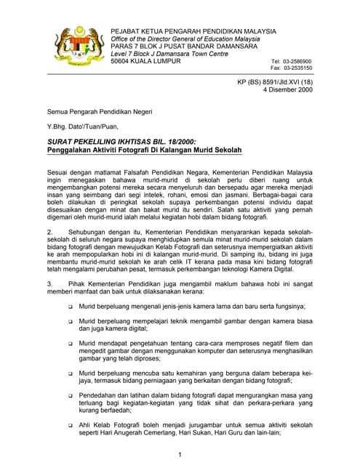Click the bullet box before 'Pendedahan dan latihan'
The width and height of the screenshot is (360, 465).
[x=70, y=396]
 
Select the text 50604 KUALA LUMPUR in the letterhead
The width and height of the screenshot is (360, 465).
[x=148, y=62]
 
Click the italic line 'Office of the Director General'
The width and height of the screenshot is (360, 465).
[x=185, y=39]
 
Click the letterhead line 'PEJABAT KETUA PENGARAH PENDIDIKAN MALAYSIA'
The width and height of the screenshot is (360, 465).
[x=193, y=31]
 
